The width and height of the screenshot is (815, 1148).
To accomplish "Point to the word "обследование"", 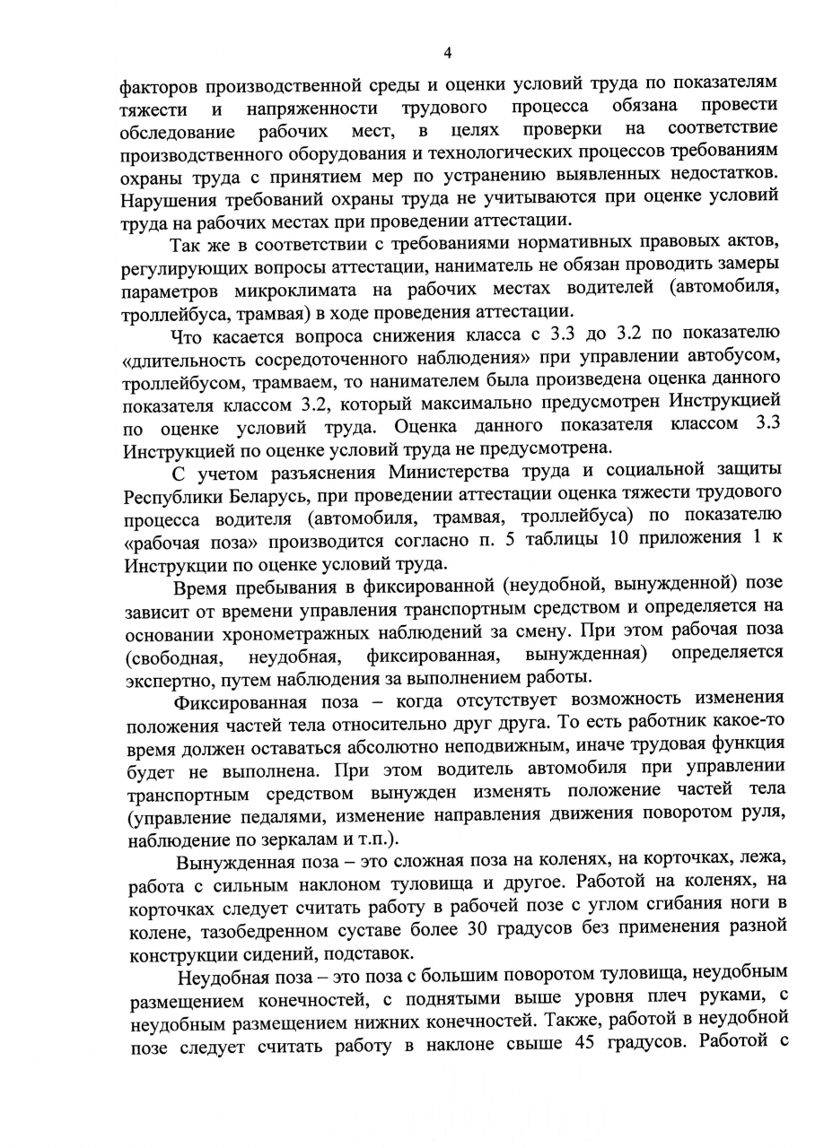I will coord(177,133).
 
